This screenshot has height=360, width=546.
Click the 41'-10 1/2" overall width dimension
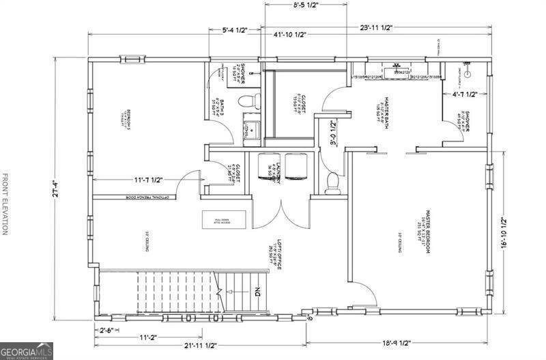coord(290,35)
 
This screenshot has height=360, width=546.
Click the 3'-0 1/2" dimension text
coord(333,133)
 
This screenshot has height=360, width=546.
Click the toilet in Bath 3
coord(248,102)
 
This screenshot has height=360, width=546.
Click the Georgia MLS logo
coord(26,350)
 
